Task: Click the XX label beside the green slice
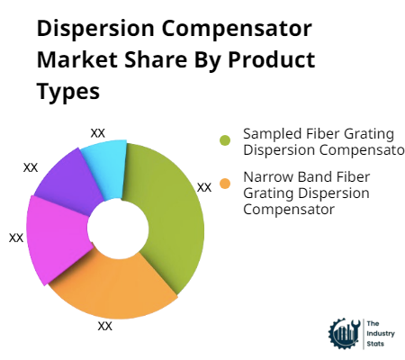click(204, 187)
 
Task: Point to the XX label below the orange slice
click(105, 326)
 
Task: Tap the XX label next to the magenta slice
click(16, 238)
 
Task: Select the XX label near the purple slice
click(31, 167)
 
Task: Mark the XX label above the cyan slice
click(98, 133)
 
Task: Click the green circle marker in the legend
click(225, 140)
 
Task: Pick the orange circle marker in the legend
click(225, 183)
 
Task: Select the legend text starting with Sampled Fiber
click(319, 141)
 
